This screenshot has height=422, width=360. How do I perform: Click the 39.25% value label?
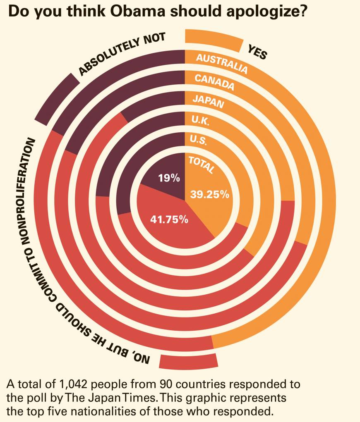tap(209, 194)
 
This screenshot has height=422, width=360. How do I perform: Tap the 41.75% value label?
tap(169, 219)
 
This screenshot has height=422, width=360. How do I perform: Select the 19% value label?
tap(169, 179)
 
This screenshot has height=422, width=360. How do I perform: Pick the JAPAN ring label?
tap(208, 101)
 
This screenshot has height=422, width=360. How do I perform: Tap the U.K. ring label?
tap(201, 121)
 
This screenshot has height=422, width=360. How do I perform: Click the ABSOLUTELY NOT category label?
tap(122, 54)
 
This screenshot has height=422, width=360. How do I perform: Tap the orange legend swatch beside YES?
tap(214, 40)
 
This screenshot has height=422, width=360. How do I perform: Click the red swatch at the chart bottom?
tap(188, 362)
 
